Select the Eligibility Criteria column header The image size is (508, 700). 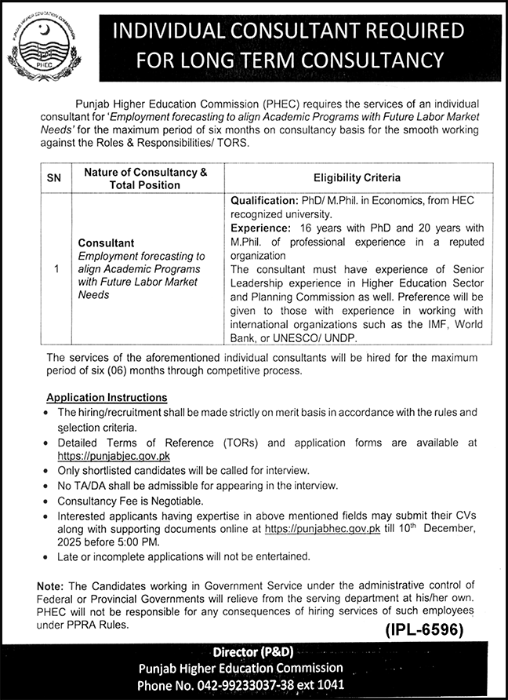coord(357,178)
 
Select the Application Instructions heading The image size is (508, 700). coord(106,397)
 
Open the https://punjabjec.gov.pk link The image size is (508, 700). coord(113,455)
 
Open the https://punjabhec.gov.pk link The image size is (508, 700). coord(322,529)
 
